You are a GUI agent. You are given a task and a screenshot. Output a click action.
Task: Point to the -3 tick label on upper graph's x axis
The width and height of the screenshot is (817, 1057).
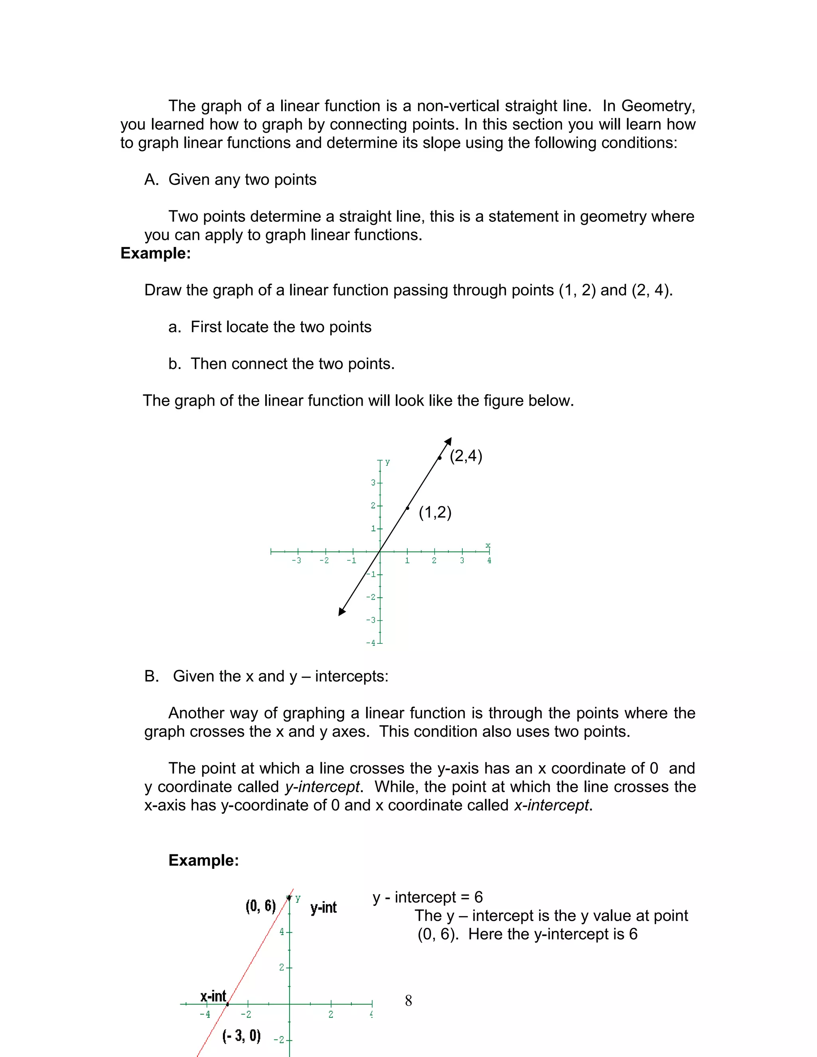(296, 560)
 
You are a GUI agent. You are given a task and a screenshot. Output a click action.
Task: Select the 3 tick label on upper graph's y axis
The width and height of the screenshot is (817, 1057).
(373, 483)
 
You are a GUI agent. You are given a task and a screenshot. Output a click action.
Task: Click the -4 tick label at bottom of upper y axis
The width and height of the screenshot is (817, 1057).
(371, 643)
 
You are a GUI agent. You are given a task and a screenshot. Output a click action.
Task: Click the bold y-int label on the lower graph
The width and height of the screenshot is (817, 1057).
(323, 907)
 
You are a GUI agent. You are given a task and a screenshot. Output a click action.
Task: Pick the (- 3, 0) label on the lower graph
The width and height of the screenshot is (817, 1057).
(241, 1036)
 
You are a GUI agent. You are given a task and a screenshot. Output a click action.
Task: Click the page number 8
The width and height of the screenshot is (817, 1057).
(408, 1001)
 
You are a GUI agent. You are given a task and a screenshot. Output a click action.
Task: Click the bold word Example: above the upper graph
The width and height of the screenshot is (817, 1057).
(155, 253)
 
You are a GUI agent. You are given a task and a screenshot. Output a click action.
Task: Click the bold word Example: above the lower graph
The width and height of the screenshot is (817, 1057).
(203, 860)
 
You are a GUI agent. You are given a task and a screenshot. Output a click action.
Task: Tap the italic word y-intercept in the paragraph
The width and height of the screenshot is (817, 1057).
(322, 787)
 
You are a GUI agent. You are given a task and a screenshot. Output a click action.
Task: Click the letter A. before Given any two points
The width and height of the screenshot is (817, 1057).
(151, 179)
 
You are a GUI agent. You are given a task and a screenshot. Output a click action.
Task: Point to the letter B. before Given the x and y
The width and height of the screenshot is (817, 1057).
(151, 676)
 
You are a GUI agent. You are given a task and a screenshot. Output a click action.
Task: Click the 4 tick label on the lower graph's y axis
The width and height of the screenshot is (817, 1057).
(282, 932)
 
